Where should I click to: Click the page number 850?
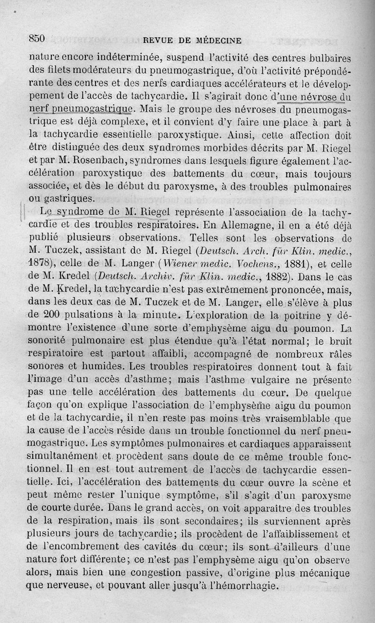point(37,39)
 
